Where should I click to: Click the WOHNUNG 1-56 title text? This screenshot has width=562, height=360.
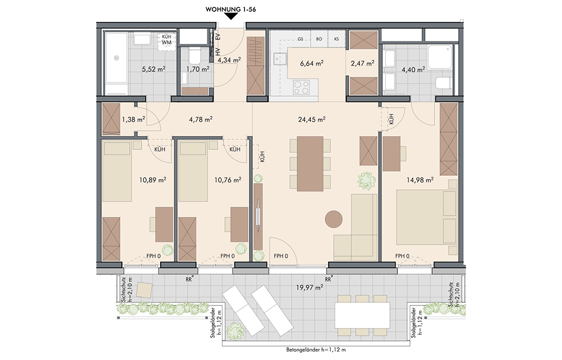point(230,10)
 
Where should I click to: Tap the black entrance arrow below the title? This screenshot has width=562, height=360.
point(231,16)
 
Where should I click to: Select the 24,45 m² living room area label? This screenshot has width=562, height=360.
point(311,119)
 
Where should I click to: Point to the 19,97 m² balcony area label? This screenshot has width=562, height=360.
point(309,287)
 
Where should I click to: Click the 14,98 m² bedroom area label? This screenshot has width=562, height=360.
point(420,180)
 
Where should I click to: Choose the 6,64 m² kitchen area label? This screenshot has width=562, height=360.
point(311,63)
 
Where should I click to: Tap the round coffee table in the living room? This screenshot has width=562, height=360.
point(334,219)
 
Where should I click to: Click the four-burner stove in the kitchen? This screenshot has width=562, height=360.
point(301,87)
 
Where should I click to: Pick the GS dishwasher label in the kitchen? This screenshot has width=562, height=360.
point(300,39)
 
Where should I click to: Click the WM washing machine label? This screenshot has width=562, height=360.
point(167,42)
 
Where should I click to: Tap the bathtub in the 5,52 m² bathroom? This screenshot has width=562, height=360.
point(116,63)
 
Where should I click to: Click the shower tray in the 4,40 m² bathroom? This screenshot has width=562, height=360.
point(441,57)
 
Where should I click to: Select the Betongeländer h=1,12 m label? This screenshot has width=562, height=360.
point(316,350)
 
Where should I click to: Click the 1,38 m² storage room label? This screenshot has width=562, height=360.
point(133,119)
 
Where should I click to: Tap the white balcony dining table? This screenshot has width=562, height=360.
point(362,315)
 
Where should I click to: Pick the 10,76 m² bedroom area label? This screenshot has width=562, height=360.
point(228,180)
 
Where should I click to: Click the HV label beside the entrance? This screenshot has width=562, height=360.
point(217,52)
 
